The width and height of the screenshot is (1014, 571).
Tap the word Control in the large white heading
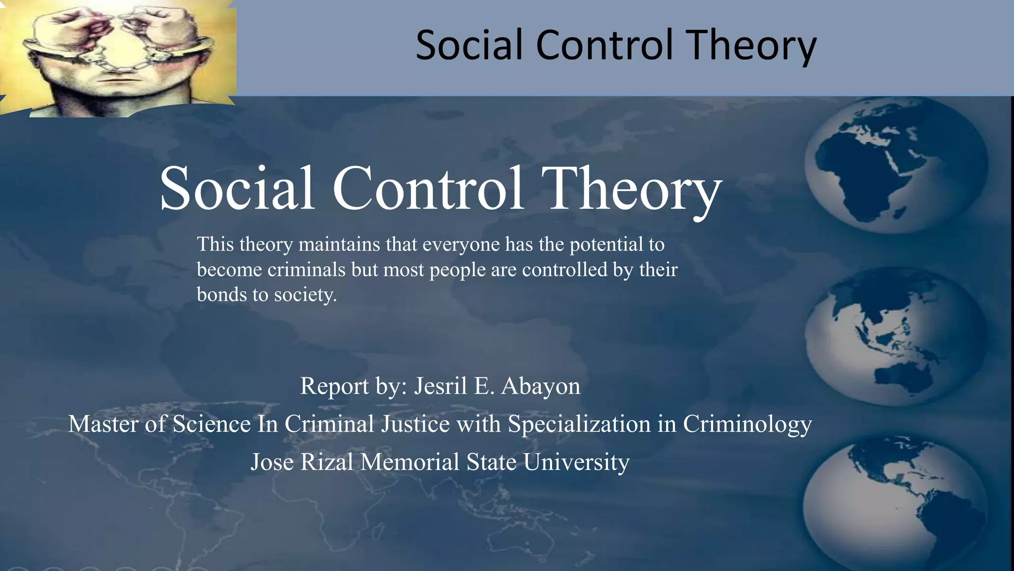(428, 188)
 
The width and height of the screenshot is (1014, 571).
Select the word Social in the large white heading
(237, 188)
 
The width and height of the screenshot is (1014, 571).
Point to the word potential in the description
(606, 244)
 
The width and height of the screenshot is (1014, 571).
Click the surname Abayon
(541, 386)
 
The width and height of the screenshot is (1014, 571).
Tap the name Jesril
(441, 386)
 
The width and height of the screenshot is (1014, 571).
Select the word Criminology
(748, 424)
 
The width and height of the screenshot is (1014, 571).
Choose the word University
(576, 462)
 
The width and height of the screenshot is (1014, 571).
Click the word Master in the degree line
(103, 424)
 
